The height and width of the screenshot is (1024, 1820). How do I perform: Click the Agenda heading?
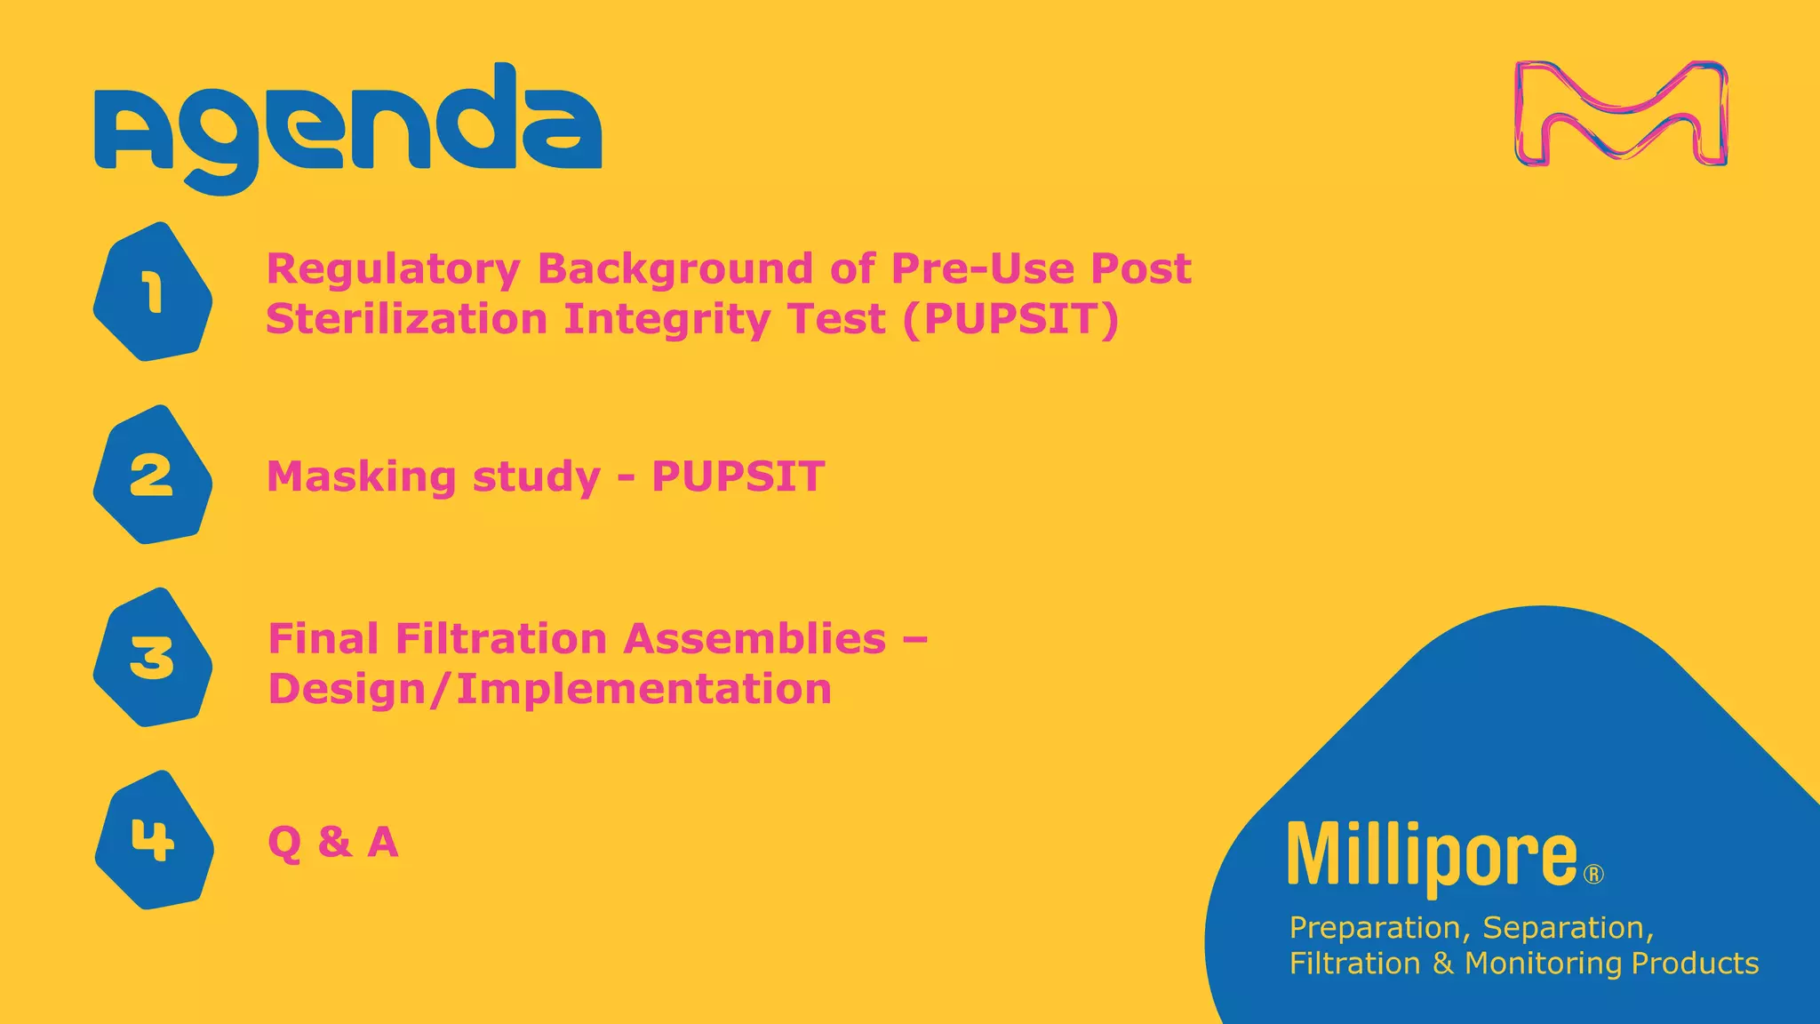347,124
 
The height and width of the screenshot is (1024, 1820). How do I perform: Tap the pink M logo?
1621,114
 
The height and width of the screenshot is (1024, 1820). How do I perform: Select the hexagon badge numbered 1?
153,292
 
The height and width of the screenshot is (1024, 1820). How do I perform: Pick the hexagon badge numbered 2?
153,475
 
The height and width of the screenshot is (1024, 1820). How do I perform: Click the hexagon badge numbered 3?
153,658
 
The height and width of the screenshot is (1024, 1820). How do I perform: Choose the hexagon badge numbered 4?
154,840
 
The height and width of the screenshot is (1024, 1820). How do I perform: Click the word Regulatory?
393,269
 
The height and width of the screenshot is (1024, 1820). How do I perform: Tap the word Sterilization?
406,319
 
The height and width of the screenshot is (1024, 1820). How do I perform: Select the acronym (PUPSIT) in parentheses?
1010,319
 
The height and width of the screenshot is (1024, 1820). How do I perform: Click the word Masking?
362,477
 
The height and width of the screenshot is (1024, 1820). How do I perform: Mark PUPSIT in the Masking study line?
738,476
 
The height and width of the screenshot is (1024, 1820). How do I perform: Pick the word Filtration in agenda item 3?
500,639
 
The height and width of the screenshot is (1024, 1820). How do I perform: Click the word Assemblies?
754,639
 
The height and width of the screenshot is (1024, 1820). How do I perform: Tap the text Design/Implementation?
549,689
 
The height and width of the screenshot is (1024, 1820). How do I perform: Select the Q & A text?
332,842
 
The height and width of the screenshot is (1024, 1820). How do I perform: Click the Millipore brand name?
1432,855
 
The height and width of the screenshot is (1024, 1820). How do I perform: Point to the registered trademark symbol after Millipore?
1594,875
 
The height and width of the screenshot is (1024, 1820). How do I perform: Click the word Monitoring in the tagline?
1545,964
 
